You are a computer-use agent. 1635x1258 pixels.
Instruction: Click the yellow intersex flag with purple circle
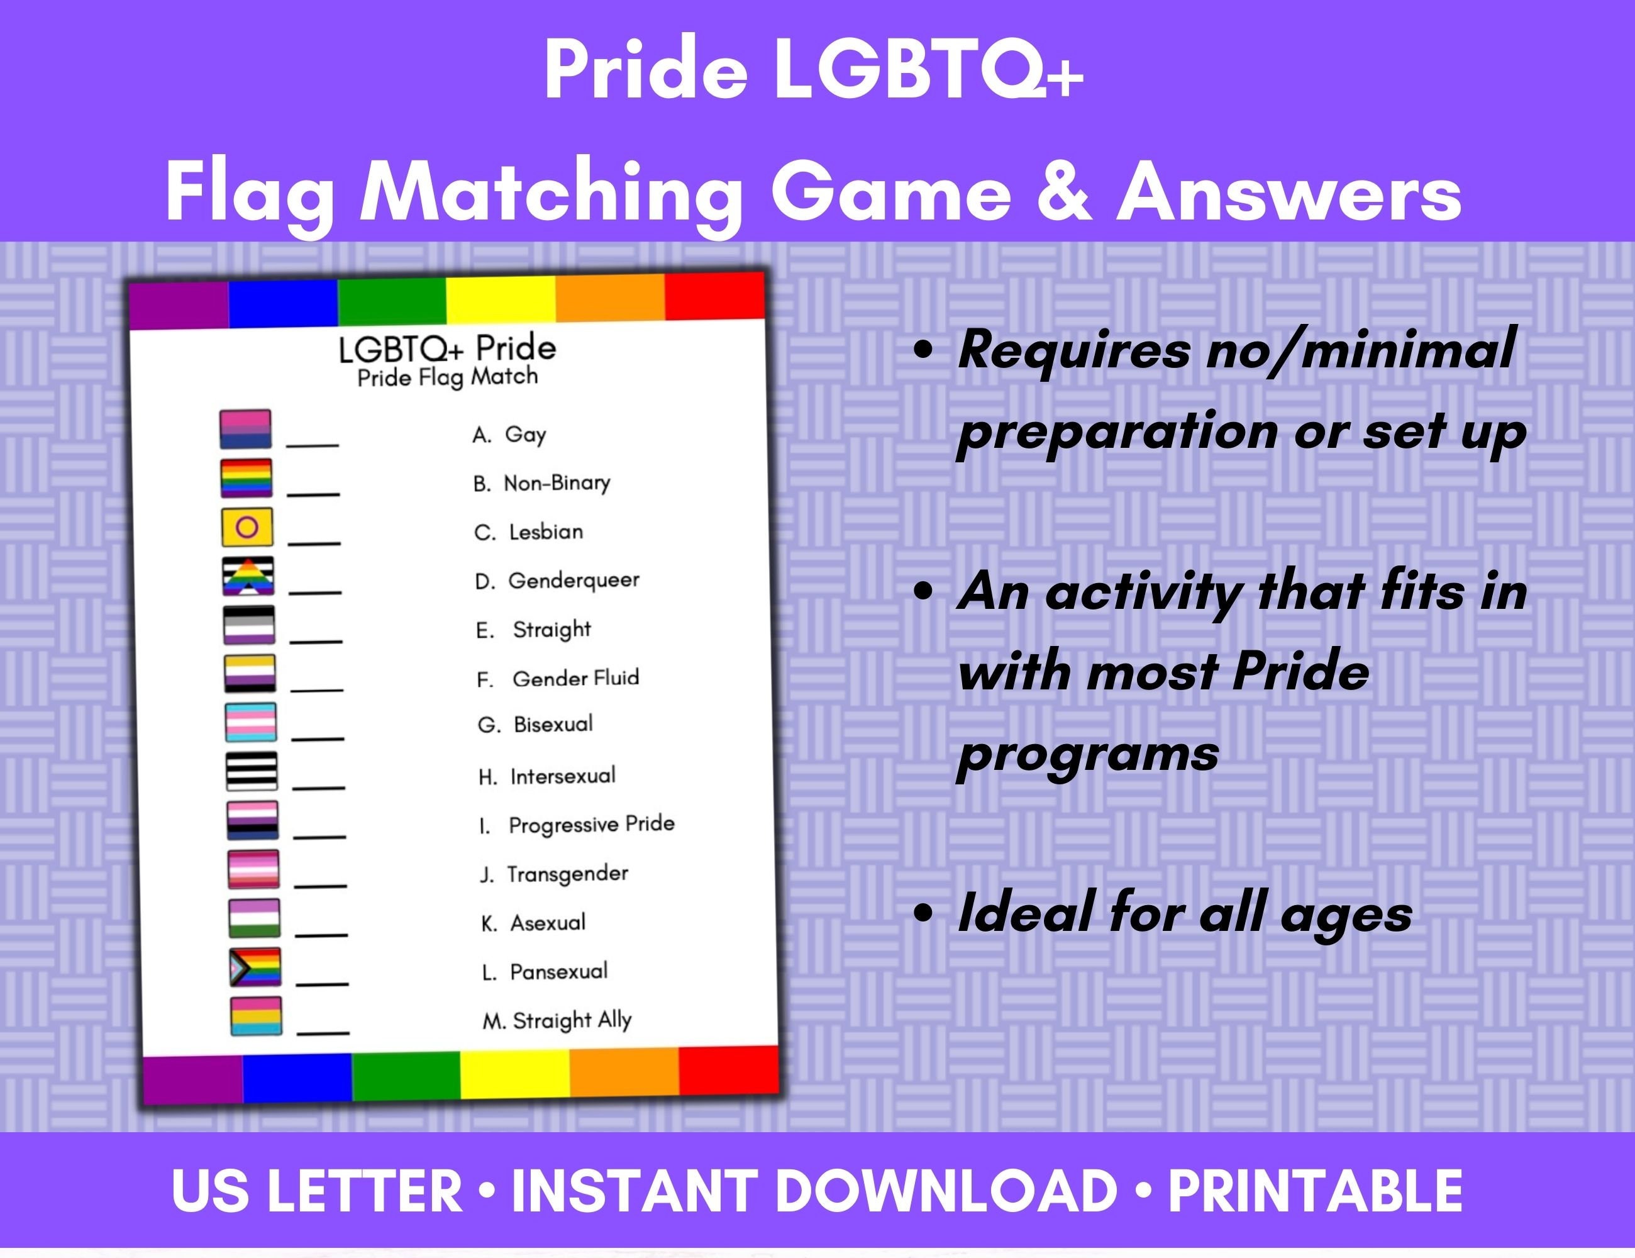[x=247, y=527]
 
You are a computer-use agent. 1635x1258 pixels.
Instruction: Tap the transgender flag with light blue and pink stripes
[x=251, y=722]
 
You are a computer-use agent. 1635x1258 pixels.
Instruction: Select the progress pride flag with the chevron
[x=255, y=967]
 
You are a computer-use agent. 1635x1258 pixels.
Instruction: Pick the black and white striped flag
[x=252, y=771]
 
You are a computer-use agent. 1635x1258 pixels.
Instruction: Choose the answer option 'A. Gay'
[x=509, y=434]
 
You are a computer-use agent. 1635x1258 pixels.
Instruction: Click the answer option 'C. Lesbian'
[x=528, y=532]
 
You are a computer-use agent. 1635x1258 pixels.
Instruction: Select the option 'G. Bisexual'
[x=535, y=725]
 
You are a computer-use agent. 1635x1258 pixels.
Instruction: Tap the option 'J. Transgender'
[x=554, y=874]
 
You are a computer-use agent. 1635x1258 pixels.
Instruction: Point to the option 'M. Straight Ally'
[x=557, y=1020]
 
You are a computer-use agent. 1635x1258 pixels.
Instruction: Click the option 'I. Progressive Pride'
[x=577, y=825]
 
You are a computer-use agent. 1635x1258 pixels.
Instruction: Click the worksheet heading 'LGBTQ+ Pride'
[x=447, y=349]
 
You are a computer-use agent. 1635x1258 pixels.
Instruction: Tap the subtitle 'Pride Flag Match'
[x=448, y=377]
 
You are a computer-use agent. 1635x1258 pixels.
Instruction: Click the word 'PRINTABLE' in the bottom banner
[x=1316, y=1191]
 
